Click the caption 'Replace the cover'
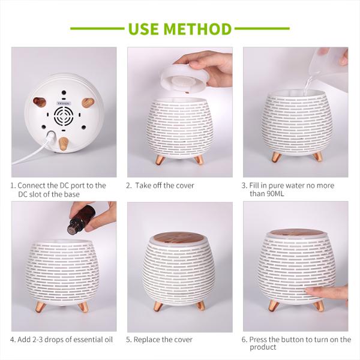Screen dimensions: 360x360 tap(164, 340)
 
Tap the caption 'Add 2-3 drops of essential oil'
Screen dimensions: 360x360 tap(65, 340)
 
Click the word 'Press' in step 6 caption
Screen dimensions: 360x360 tap(260, 340)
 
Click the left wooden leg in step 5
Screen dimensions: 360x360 tap(158, 305)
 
